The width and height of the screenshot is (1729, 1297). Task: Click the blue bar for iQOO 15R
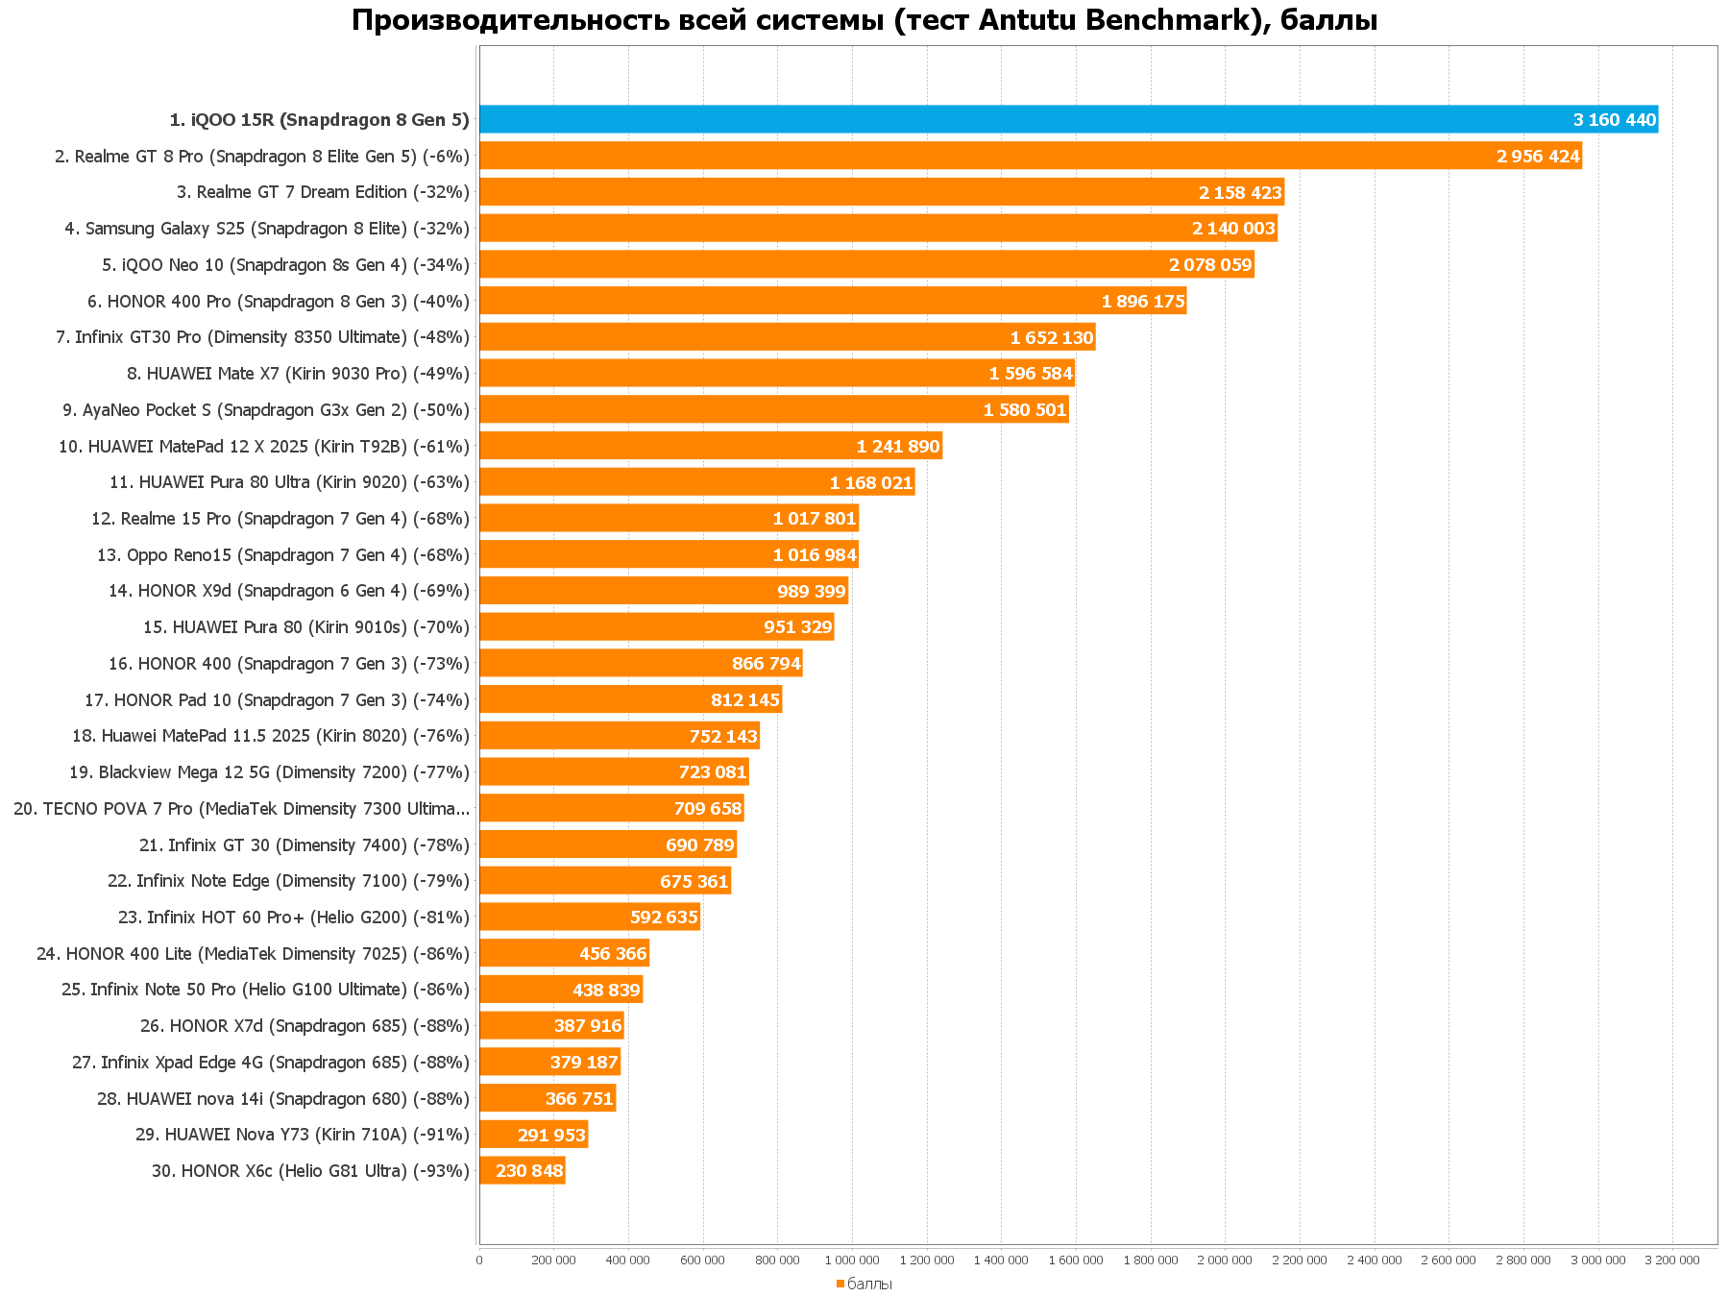click(1057, 119)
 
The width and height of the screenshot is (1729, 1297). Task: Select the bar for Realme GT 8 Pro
click(961, 156)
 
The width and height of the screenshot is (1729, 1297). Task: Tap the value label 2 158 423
click(1240, 193)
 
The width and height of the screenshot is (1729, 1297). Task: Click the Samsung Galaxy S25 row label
click(267, 229)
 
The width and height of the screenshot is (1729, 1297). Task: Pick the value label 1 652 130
click(1051, 338)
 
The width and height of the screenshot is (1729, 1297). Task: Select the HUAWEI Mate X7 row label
click(298, 374)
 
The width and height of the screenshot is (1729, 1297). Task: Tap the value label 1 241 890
click(898, 447)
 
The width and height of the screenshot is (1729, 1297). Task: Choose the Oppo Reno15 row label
click(283, 555)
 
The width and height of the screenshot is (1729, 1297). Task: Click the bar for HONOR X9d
click(624, 591)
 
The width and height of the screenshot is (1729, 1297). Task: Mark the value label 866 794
click(766, 664)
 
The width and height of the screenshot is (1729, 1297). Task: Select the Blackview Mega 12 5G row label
click(269, 772)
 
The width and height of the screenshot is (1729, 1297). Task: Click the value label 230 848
click(529, 1171)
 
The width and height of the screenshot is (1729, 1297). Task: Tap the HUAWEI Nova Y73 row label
click(303, 1135)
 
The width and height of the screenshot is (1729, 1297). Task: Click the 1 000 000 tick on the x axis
click(852, 1260)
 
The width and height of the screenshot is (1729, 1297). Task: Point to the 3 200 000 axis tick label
click(1672, 1260)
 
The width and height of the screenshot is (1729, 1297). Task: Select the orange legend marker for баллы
click(840, 1284)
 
